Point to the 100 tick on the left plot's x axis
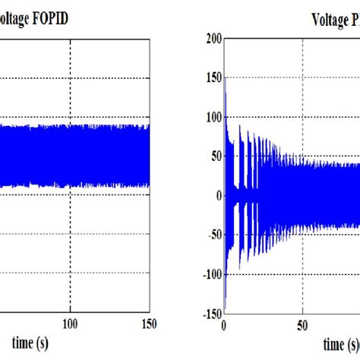pyautogui.click(x=70, y=324)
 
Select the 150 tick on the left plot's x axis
pyautogui.click(x=150, y=324)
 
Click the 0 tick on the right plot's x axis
pyautogui.click(x=223, y=324)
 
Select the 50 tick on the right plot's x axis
pyautogui.click(x=302, y=324)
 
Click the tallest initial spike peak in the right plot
pyautogui.click(x=225, y=74)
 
